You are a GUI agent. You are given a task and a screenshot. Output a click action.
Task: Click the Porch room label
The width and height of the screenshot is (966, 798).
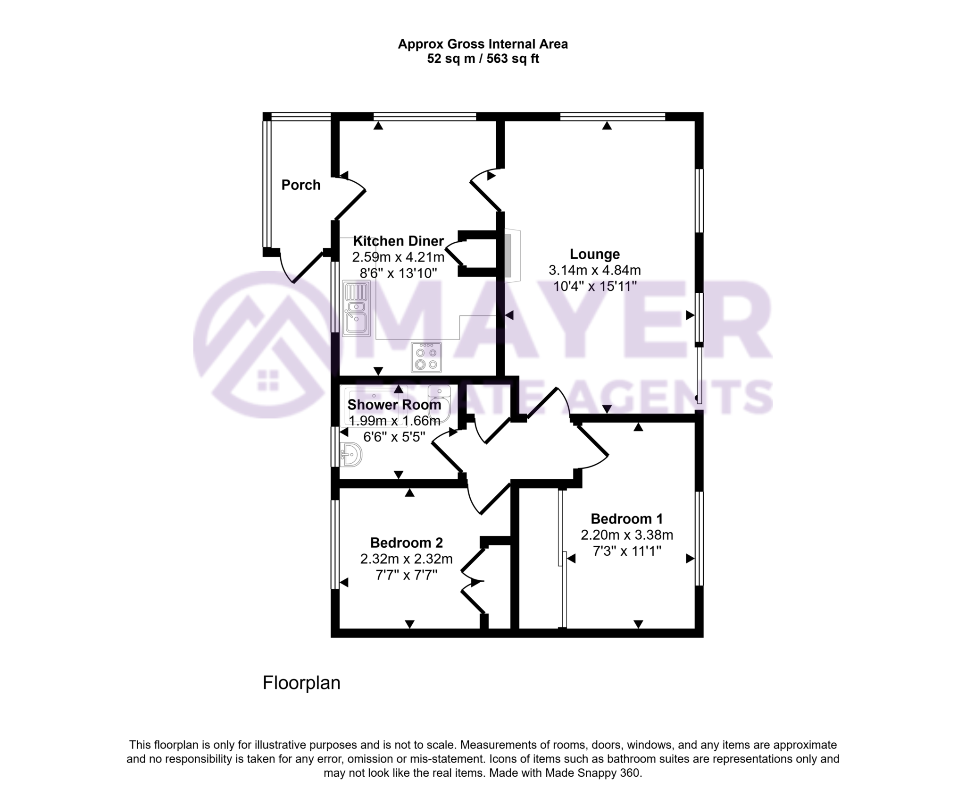[301, 185]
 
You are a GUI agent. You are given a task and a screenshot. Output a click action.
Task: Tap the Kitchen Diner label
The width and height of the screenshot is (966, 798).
[398, 241]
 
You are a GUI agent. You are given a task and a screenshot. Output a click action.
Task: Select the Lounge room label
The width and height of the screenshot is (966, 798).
[594, 254]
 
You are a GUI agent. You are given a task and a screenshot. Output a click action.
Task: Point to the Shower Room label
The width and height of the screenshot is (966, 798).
[394, 405]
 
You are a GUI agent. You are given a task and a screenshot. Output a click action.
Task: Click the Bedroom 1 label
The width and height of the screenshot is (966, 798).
[626, 519]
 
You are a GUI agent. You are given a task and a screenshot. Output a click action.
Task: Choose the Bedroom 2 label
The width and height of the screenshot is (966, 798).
[406, 543]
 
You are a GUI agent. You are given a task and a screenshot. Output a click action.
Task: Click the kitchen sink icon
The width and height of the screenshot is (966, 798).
[356, 309]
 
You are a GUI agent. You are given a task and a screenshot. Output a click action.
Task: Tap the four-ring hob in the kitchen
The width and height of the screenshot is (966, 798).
[426, 357]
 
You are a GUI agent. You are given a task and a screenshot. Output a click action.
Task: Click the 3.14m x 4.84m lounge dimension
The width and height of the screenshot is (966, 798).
[594, 270]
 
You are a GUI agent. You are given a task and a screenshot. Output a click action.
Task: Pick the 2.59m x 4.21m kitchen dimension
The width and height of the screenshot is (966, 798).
[398, 257]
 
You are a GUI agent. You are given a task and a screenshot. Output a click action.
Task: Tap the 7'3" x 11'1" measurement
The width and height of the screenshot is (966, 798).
[626, 551]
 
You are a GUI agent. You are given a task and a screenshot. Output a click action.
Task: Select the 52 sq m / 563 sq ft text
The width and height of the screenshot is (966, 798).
[483, 59]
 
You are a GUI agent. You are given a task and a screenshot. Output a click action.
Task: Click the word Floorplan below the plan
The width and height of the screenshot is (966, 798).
[301, 683]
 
